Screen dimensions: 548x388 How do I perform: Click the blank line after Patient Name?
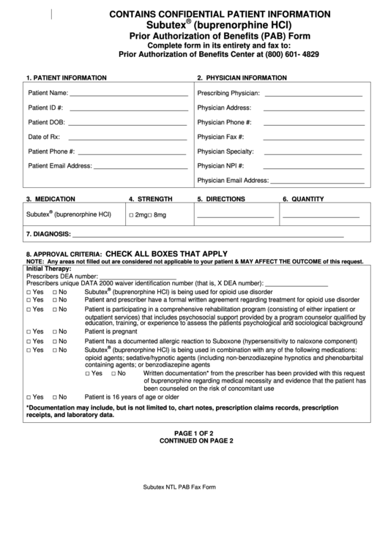[128, 95]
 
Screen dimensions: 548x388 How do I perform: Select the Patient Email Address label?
[60, 166]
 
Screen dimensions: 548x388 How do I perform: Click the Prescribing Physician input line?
[313, 95]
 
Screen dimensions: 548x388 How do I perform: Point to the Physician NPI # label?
[220, 166]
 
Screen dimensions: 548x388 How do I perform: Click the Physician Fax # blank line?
[313, 138]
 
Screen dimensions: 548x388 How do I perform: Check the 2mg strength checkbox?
[131, 215]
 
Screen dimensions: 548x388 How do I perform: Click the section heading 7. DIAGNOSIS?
[48, 235]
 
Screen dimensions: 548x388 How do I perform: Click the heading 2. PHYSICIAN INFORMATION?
[242, 78]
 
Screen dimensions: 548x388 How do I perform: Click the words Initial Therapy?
[48, 269]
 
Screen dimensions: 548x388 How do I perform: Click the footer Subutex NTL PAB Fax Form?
[179, 487]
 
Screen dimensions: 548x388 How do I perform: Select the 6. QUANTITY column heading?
[303, 199]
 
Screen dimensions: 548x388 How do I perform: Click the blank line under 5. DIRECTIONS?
[235, 217]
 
